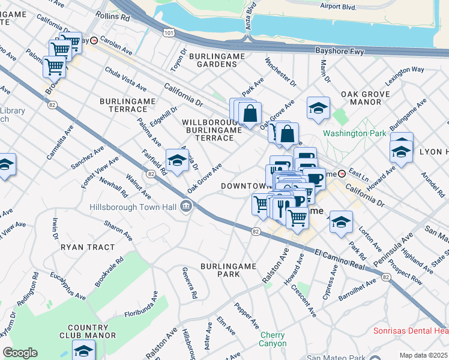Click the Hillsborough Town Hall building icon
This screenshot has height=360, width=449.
point(187,207)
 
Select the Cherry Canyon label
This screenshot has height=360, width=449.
point(273,339)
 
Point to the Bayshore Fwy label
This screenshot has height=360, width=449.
point(340,52)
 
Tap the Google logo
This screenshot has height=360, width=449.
point(20,353)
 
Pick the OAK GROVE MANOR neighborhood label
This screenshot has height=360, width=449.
point(365,98)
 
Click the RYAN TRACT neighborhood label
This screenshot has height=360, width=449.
point(88,247)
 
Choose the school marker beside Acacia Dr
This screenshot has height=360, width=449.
point(177,160)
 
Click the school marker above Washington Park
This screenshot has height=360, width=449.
point(318,108)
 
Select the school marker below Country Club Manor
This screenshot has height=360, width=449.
point(83,350)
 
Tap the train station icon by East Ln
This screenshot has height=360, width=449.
point(342,173)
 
